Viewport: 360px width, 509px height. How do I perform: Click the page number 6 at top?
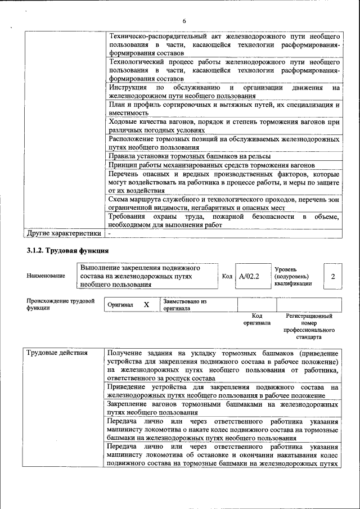[x=183, y=21]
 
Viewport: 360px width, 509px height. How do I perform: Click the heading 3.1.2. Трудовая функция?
[x=67, y=250]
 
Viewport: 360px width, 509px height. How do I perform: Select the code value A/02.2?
[x=248, y=276]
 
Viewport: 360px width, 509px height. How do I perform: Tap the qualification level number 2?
[x=333, y=276]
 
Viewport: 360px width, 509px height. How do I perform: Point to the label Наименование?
[x=46, y=276]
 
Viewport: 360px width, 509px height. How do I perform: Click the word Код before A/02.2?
[x=227, y=276]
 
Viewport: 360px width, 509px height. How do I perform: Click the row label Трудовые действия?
[x=57, y=353]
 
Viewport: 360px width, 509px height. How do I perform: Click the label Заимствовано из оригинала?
[x=185, y=305]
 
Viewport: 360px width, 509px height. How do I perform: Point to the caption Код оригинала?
[x=256, y=320]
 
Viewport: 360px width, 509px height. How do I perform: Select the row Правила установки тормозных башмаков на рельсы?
[x=190, y=156]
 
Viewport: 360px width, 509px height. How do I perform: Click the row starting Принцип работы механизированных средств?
[x=211, y=165]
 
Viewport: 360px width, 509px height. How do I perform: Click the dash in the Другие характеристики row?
[x=110, y=233]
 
